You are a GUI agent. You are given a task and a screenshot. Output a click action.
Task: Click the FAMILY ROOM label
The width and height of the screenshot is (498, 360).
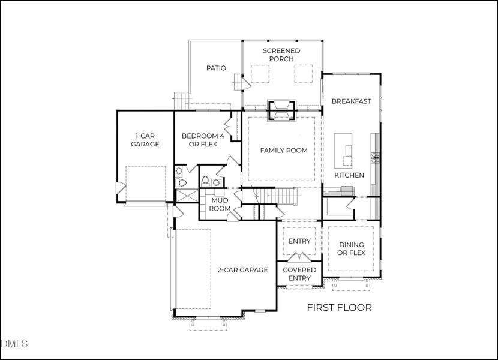283,151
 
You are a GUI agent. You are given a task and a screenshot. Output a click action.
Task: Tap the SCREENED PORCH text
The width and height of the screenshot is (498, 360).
281,55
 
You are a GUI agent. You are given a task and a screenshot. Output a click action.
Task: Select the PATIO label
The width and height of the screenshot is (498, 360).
216,68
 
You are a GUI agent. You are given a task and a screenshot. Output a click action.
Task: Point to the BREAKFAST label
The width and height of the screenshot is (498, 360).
351,101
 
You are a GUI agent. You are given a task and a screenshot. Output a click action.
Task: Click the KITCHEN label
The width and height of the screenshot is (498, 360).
349,175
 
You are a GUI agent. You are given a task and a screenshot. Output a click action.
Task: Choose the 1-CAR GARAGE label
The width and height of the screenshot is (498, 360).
145,140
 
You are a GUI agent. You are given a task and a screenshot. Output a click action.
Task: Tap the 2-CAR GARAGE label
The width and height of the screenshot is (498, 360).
242,270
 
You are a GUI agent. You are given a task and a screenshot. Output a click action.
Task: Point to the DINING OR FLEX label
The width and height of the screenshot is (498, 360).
352,249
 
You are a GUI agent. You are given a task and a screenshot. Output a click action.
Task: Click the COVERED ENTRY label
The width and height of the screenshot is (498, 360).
299,274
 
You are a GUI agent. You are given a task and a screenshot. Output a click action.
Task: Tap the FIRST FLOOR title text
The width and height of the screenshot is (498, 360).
339,308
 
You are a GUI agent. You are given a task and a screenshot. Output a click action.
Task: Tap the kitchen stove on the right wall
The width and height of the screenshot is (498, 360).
376,158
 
